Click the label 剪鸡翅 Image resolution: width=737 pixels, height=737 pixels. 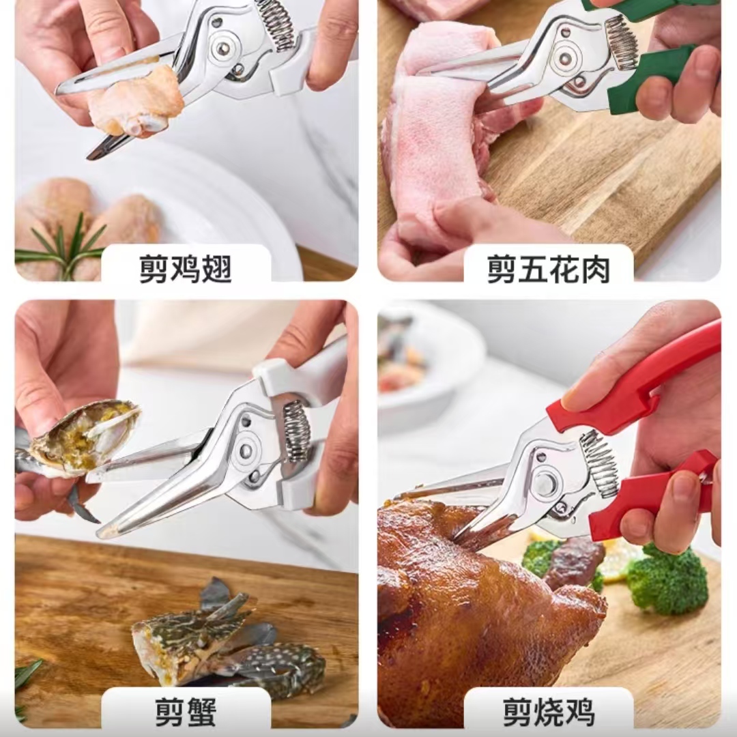pyautogui.click(x=185, y=269)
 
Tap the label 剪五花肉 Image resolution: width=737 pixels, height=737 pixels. pyautogui.click(x=549, y=269)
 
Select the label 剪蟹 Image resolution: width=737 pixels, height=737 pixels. pyautogui.click(x=185, y=712)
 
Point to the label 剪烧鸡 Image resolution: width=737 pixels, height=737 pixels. pyautogui.click(x=549, y=712)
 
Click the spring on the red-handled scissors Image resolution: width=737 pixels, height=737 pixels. pyautogui.click(x=599, y=463)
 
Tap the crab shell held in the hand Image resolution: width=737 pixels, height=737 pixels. pyautogui.click(x=85, y=437)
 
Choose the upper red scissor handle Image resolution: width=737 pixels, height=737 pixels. pyautogui.click(x=635, y=382)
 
